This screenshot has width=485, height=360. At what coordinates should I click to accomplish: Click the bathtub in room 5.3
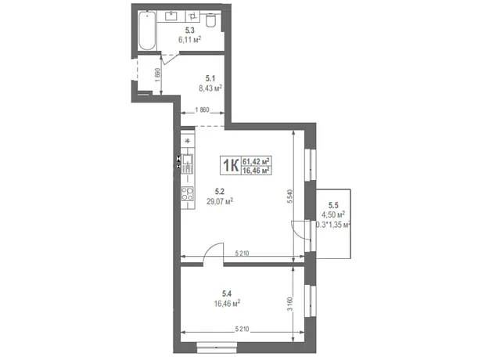point(147,31)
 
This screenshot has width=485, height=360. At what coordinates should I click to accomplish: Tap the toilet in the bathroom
point(210,20)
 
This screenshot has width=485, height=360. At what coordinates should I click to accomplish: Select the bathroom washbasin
point(171,16)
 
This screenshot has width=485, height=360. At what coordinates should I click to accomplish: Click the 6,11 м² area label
point(189,39)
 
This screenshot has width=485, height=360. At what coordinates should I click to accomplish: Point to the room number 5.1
point(210,78)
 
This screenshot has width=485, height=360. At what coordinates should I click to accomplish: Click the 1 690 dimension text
point(158,75)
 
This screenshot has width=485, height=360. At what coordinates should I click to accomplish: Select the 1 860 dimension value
point(203,110)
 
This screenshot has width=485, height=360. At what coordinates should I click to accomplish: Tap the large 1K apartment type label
point(231,165)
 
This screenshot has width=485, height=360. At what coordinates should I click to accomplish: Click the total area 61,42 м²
point(256,161)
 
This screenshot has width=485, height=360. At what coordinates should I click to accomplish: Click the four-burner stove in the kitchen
point(188,193)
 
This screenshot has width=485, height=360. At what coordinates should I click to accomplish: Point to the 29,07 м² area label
point(220,201)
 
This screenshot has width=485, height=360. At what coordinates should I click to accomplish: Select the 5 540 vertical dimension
point(289,196)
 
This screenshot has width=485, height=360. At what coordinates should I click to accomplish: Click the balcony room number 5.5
point(333,205)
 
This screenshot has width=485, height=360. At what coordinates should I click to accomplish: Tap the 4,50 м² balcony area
point(333,214)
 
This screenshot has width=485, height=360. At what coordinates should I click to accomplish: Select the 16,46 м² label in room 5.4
point(228,304)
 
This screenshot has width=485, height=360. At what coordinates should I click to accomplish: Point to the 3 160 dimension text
point(289,304)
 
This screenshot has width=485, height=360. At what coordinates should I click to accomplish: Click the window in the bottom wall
point(217,347)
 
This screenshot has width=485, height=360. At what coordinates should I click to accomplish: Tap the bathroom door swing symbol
point(168,59)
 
